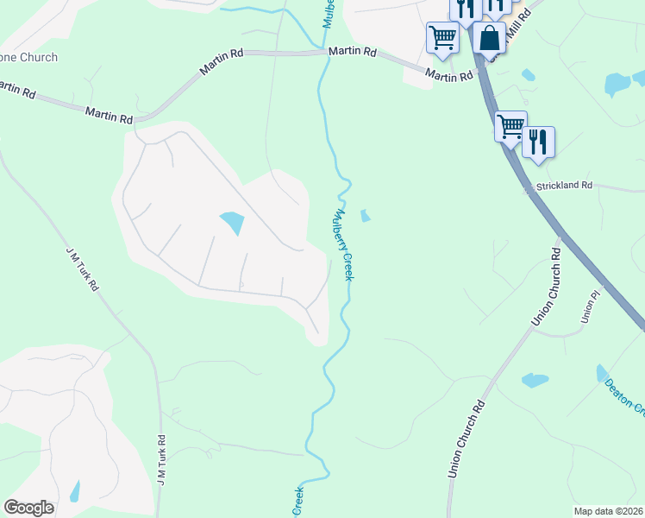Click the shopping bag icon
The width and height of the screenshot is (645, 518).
(489, 39)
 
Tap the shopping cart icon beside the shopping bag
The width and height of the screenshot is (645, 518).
(442, 38)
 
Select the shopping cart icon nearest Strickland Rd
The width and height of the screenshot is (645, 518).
(510, 127)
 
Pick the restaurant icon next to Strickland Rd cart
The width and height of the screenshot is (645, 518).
(538, 142)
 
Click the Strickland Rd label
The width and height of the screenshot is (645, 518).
(564, 186)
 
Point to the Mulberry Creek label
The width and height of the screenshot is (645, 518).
(344, 244)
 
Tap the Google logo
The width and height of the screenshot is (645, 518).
(28, 507)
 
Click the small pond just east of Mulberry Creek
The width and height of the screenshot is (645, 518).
(365, 215)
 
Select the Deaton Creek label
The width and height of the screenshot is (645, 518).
(624, 395)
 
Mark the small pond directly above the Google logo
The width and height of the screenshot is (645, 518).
(75, 490)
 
